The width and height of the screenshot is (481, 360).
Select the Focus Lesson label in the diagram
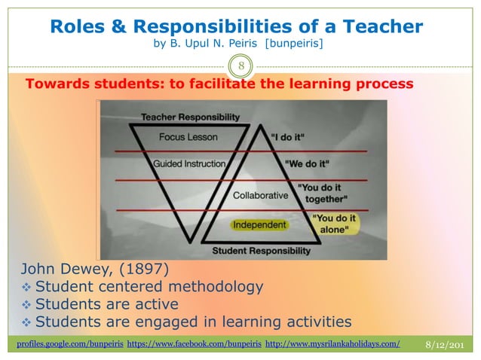pos(188,138)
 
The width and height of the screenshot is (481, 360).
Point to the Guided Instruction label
pos(189,163)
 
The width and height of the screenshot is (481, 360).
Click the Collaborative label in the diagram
pos(261,195)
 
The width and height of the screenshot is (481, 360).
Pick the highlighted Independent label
pos(259,225)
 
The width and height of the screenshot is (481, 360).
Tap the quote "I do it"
pos(304,139)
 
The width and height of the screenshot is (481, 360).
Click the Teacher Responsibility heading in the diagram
pos(191,117)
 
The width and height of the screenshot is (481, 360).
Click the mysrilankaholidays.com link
pos(333,344)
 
